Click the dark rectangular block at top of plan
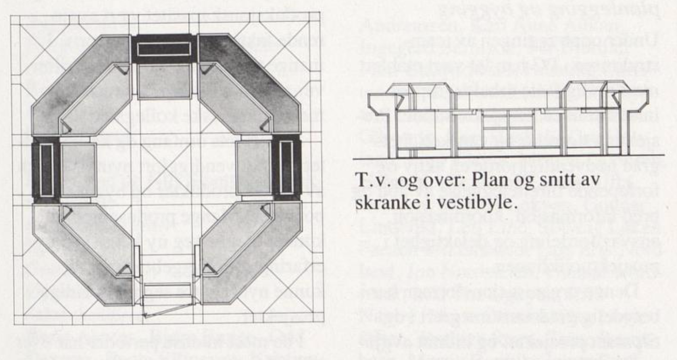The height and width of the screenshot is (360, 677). [x=164, y=49]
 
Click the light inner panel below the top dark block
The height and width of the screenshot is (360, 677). [x=164, y=81]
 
